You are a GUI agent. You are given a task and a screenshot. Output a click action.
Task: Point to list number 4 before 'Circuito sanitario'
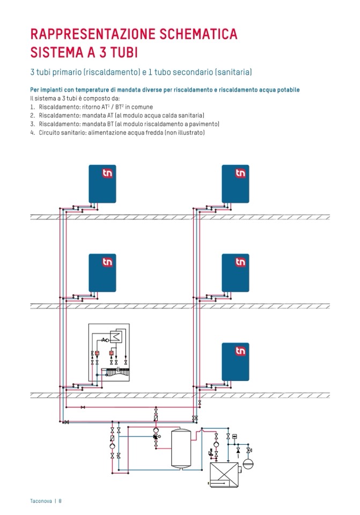[32, 132]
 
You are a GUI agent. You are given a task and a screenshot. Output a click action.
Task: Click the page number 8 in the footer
[61, 501]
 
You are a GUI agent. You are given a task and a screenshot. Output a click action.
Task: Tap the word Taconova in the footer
[41, 501]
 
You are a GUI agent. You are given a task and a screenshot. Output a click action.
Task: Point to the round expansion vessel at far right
[248, 462]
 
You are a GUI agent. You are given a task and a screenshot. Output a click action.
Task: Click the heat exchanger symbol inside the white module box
[116, 337]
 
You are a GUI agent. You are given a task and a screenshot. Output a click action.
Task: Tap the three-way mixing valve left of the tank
[155, 440]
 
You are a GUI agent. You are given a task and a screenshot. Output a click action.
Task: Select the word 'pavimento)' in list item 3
[203, 124]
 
